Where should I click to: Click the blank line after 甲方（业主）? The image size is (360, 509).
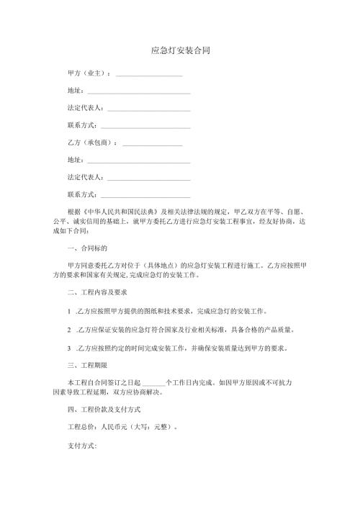[x=148, y=75]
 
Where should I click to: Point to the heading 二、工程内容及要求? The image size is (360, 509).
[x=97, y=294]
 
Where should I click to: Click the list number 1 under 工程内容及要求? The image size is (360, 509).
[x=68, y=312]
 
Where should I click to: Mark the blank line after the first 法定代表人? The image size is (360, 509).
[x=148, y=109]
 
